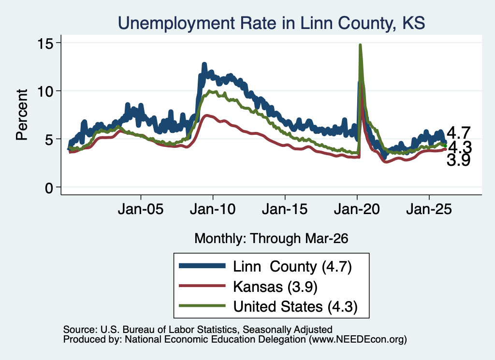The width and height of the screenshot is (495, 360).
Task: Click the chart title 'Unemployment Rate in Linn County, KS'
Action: (271, 23)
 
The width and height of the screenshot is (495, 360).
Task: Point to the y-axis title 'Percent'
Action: (22, 115)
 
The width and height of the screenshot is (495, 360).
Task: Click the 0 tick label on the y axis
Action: (49, 188)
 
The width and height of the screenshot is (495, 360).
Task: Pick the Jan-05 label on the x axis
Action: (141, 209)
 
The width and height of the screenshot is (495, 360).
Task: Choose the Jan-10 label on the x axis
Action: (213, 209)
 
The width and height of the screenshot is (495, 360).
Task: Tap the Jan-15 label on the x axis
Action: (285, 209)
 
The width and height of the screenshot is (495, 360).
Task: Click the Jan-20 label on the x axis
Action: (357, 209)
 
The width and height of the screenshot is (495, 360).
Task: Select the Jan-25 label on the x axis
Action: (429, 209)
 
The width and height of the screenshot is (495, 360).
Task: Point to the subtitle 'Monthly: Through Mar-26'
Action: (271, 239)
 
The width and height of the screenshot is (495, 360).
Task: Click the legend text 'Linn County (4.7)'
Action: (292, 267)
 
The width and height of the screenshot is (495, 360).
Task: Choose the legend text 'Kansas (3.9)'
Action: (275, 287)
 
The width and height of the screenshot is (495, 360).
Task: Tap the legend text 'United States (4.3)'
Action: (295, 306)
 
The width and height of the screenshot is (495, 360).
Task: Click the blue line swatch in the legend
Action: (203, 266)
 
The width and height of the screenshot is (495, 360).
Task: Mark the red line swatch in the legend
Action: (203, 286)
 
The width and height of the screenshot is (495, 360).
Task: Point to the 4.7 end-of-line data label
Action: (459, 133)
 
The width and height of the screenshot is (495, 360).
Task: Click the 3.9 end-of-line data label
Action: (459, 160)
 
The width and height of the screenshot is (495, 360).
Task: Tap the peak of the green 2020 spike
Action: (360, 45)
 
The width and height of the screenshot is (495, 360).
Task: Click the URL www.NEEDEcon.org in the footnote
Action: (358, 340)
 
